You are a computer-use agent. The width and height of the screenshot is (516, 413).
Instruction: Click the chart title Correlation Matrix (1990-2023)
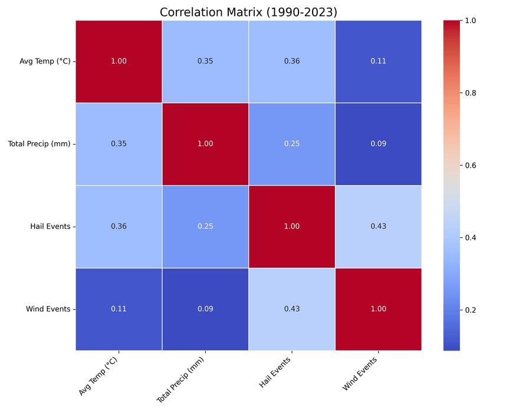click(248, 12)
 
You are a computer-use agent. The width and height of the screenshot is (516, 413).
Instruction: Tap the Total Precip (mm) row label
click(40, 144)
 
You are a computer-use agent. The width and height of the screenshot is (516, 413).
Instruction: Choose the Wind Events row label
click(48, 309)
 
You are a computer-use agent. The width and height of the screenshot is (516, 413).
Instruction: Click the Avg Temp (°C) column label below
click(98, 376)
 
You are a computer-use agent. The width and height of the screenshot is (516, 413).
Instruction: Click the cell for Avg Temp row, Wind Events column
click(378, 61)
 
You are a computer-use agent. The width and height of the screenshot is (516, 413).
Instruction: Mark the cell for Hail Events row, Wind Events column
click(378, 227)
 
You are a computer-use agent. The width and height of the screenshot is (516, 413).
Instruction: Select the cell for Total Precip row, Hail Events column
click(292, 144)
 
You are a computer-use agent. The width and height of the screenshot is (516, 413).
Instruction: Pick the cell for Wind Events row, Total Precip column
click(205, 309)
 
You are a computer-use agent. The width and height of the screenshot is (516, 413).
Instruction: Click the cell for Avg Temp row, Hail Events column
click(292, 61)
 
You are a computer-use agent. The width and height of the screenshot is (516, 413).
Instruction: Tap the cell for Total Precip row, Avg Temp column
click(119, 144)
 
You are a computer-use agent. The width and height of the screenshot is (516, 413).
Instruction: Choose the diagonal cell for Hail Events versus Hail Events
click(292, 227)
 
